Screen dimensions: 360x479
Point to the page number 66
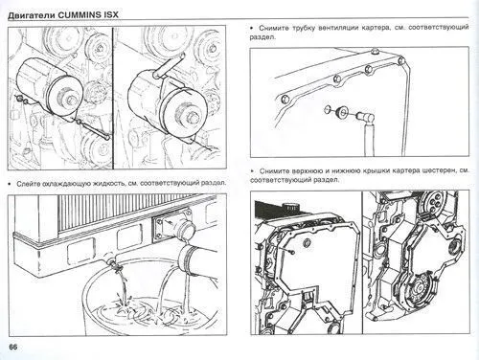click(13, 346)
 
